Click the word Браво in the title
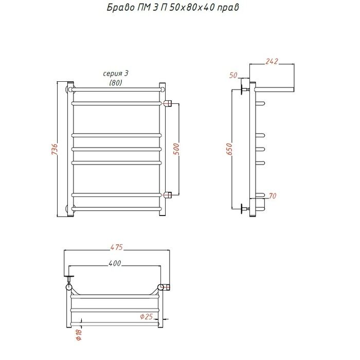(x=121, y=7)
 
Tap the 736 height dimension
(x=55, y=149)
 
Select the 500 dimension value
(x=176, y=149)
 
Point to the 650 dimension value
(x=229, y=149)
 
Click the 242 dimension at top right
(x=272, y=61)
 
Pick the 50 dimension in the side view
(x=233, y=75)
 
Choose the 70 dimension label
(x=272, y=196)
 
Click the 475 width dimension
(x=117, y=247)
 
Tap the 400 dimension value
(x=115, y=263)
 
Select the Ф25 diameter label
(x=147, y=316)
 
